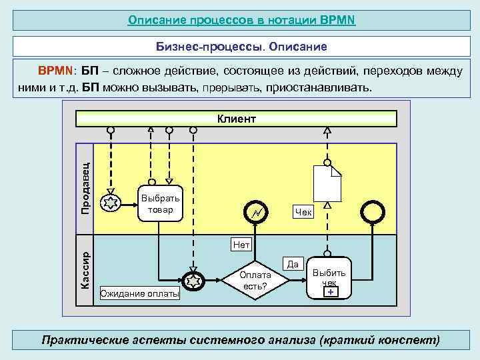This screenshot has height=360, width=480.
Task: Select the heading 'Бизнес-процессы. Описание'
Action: click(x=241, y=47)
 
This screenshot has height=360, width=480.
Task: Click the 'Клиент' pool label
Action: click(x=237, y=119)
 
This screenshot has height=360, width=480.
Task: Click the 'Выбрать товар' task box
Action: click(x=160, y=203)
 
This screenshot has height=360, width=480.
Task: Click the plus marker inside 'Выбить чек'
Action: click(x=331, y=291)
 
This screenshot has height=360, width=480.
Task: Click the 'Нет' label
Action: click(x=241, y=245)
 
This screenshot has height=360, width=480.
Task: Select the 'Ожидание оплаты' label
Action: click(x=139, y=293)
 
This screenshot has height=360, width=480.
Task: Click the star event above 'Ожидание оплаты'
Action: click(x=193, y=281)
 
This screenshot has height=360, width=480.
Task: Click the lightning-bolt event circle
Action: click(x=256, y=212)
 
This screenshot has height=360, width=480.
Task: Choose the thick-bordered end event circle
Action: click(x=372, y=212)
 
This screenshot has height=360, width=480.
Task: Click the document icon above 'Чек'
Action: click(x=327, y=182)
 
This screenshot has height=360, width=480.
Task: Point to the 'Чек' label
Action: click(x=303, y=212)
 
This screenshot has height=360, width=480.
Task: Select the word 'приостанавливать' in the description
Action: click(x=318, y=88)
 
